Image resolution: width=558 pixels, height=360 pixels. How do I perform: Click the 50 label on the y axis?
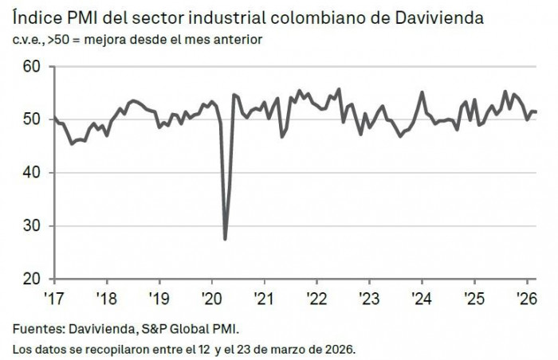31,119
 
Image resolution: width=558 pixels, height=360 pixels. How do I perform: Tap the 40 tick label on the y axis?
31,173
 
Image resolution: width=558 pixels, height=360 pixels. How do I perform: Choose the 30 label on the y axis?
31,226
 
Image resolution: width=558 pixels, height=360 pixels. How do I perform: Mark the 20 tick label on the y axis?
31,279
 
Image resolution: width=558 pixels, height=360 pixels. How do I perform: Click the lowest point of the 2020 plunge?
225,239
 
